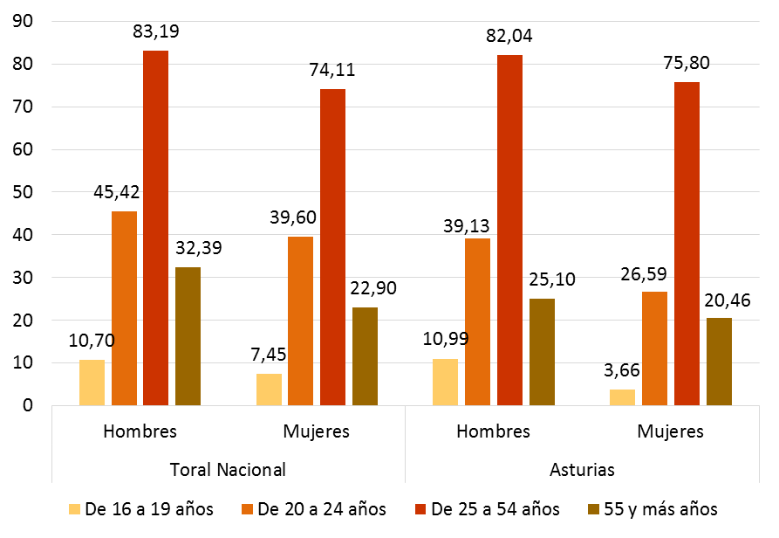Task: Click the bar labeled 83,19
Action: click(156, 228)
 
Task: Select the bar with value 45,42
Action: click(124, 308)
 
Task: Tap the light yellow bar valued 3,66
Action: click(623, 397)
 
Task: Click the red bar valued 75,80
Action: click(687, 244)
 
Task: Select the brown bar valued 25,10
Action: click(542, 352)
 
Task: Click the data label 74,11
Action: click(332, 72)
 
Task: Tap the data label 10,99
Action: click(445, 339)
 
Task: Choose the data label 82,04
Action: click(509, 37)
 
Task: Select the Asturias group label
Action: click(582, 469)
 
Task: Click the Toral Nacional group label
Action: click(227, 469)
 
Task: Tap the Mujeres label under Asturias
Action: click(670, 431)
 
